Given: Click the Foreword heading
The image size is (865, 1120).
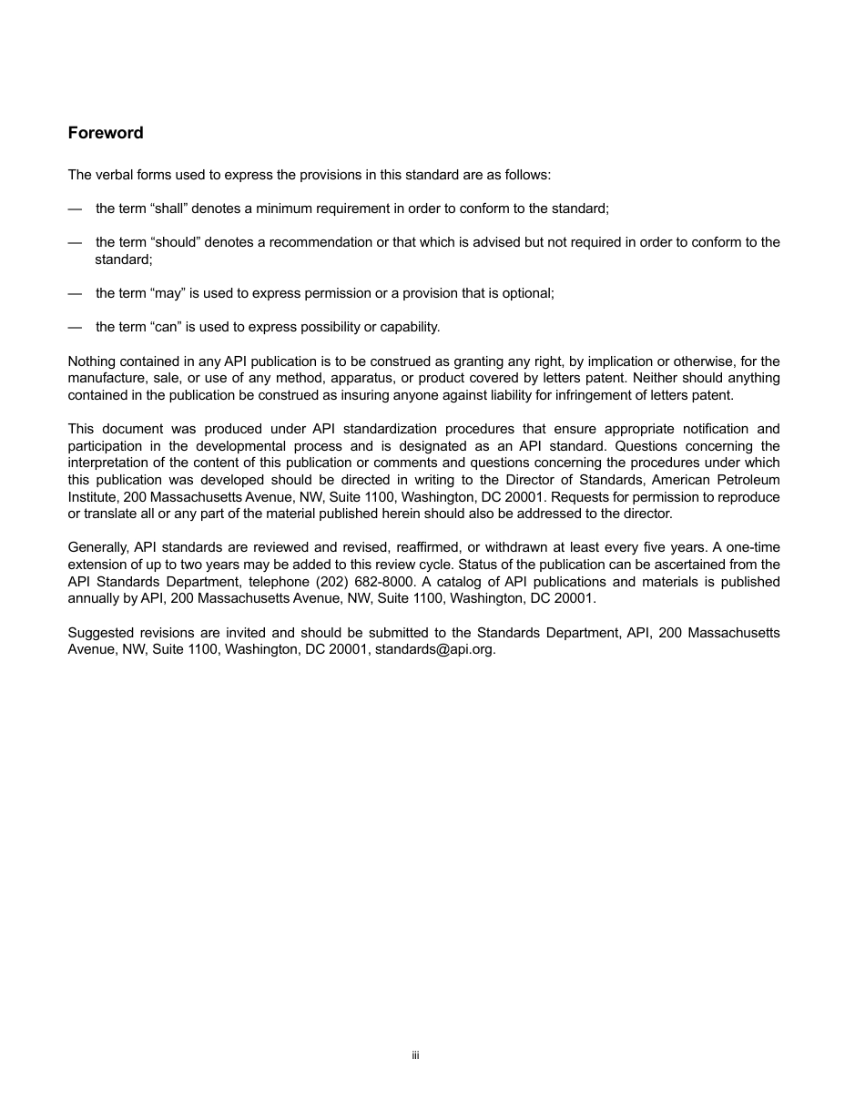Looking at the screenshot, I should coord(106,133).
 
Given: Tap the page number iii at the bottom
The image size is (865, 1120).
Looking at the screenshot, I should coord(415,1055).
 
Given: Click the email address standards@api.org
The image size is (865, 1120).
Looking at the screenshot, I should coord(434,649).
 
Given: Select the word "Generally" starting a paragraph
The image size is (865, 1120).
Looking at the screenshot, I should coord(97,547).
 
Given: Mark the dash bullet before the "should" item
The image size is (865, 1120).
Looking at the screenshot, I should coord(75,242).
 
